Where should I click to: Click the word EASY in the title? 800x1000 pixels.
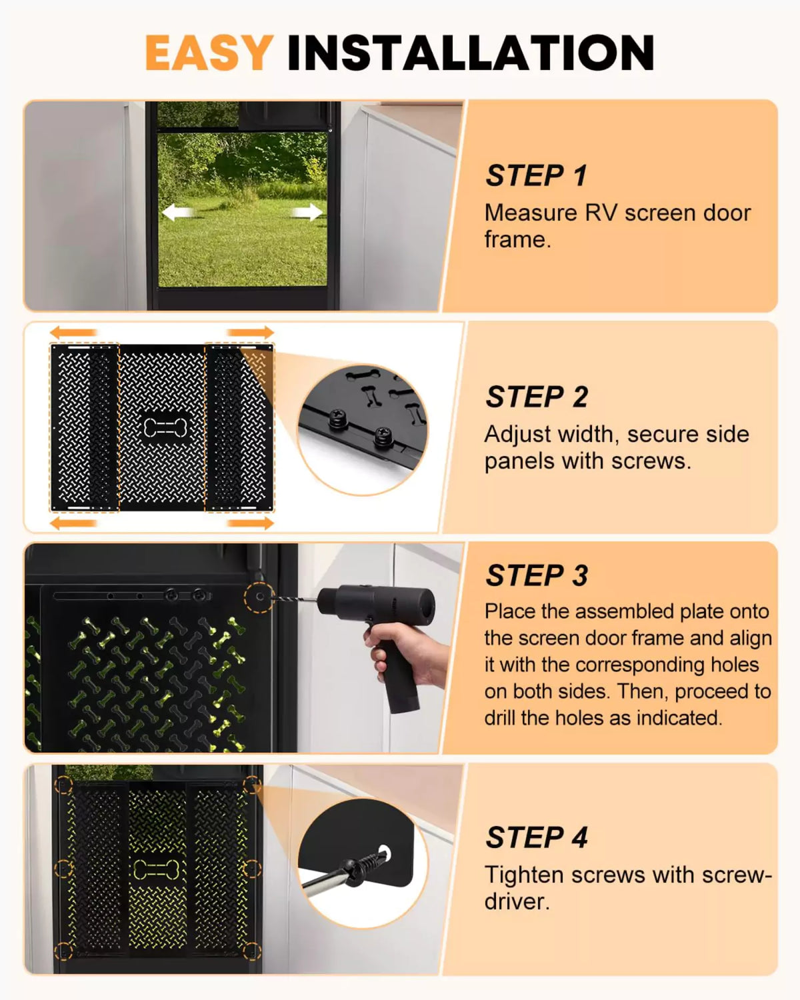tap(209, 53)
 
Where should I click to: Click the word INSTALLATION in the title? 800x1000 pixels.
tap(470, 53)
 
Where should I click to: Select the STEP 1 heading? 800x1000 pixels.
tap(536, 176)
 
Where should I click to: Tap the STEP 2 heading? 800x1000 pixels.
tap(537, 397)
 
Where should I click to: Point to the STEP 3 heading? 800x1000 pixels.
tap(537, 575)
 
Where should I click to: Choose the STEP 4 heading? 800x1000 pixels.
tap(537, 837)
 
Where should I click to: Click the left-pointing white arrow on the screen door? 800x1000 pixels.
tap(178, 213)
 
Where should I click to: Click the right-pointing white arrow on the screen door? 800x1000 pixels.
tap(307, 213)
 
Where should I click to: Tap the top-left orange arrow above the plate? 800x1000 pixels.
tap(74, 332)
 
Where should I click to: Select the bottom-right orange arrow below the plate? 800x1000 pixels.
tap(250, 523)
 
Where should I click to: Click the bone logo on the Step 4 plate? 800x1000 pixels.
tap(156, 869)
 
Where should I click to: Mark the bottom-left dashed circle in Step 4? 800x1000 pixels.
tap(63, 951)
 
